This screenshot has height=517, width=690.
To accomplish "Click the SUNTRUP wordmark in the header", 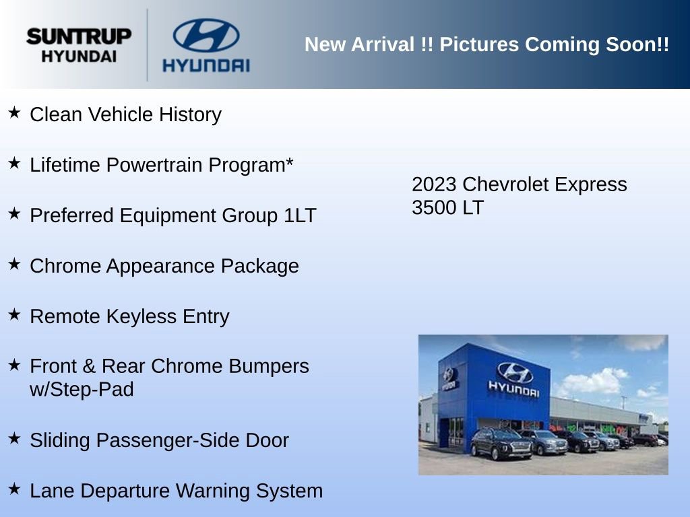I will click(x=79, y=36).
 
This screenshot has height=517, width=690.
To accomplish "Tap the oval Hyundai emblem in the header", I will click(x=206, y=35).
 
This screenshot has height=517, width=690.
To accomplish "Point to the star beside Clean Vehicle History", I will click(x=14, y=112).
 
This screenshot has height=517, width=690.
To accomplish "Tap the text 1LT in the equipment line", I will click(x=300, y=215).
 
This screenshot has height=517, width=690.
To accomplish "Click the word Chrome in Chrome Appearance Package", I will click(x=64, y=266).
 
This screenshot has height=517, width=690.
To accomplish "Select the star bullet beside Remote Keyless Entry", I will click(x=14, y=314).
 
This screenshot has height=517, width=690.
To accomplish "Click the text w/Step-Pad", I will click(x=82, y=389).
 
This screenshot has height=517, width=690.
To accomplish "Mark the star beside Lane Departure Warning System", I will click(x=14, y=489).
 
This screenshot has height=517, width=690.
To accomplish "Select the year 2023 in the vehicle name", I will click(x=434, y=184).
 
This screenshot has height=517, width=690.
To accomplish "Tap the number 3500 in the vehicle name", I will click(x=434, y=207).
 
